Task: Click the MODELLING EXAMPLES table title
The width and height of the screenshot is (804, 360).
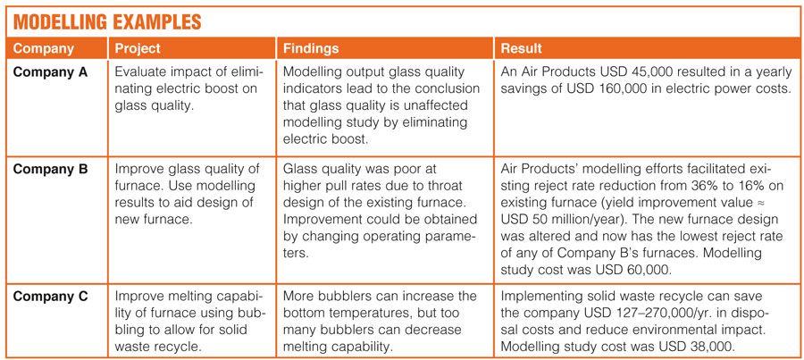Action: coord(106,22)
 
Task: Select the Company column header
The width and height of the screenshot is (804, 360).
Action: coord(44,49)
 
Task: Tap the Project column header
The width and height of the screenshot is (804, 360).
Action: coord(138,49)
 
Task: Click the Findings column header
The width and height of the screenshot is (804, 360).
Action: coord(311,49)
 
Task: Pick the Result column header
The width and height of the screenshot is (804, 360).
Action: coord(522,49)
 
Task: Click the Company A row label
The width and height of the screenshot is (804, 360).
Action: coord(50,72)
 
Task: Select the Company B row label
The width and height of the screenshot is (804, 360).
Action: coord(50,170)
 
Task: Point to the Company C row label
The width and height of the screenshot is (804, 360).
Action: coord(50,297)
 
